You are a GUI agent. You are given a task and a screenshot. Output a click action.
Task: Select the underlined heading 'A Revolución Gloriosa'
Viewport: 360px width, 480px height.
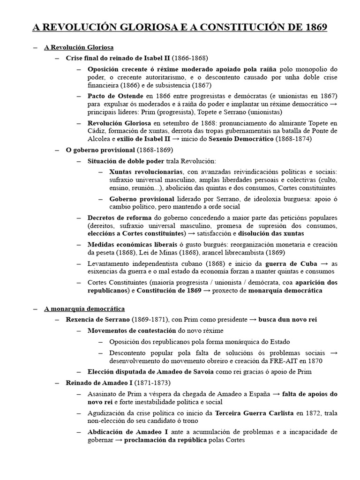[x=79, y=47]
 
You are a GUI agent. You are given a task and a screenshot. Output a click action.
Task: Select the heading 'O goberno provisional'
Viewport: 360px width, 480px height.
[x=99, y=150]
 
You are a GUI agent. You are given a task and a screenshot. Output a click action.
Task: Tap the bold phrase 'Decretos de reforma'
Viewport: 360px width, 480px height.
[x=120, y=218]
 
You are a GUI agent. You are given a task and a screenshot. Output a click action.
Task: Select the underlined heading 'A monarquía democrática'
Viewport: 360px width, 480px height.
[x=84, y=309]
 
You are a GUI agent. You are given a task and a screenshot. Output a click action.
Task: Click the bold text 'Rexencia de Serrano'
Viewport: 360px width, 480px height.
[x=97, y=320]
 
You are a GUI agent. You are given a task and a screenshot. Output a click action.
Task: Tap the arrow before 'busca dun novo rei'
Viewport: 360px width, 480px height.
[x=253, y=320]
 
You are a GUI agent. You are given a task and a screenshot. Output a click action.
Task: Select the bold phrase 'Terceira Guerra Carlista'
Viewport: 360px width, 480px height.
[x=254, y=413]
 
